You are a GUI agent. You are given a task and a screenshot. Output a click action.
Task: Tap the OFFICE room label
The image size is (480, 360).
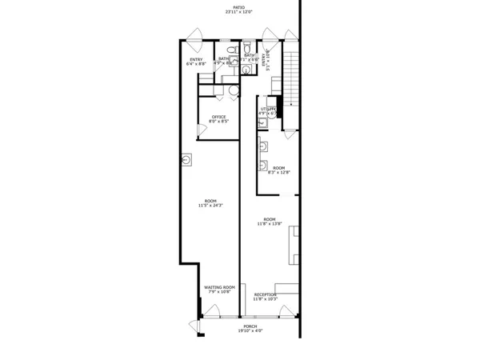(218, 118)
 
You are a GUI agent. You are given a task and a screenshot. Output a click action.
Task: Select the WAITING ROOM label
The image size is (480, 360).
(218, 287)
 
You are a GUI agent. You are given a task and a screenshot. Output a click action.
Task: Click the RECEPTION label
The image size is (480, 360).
(266, 294)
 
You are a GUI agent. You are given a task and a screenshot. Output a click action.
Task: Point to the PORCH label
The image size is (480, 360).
(250, 327)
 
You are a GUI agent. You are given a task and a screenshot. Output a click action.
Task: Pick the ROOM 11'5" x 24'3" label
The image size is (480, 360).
(210, 200)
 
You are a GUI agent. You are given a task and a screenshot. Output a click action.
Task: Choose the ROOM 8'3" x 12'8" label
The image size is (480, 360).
(278, 168)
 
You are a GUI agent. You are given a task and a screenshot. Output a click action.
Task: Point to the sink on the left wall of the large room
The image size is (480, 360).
(186, 160)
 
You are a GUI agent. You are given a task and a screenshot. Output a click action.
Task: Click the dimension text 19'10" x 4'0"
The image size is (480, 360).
(250, 331)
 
